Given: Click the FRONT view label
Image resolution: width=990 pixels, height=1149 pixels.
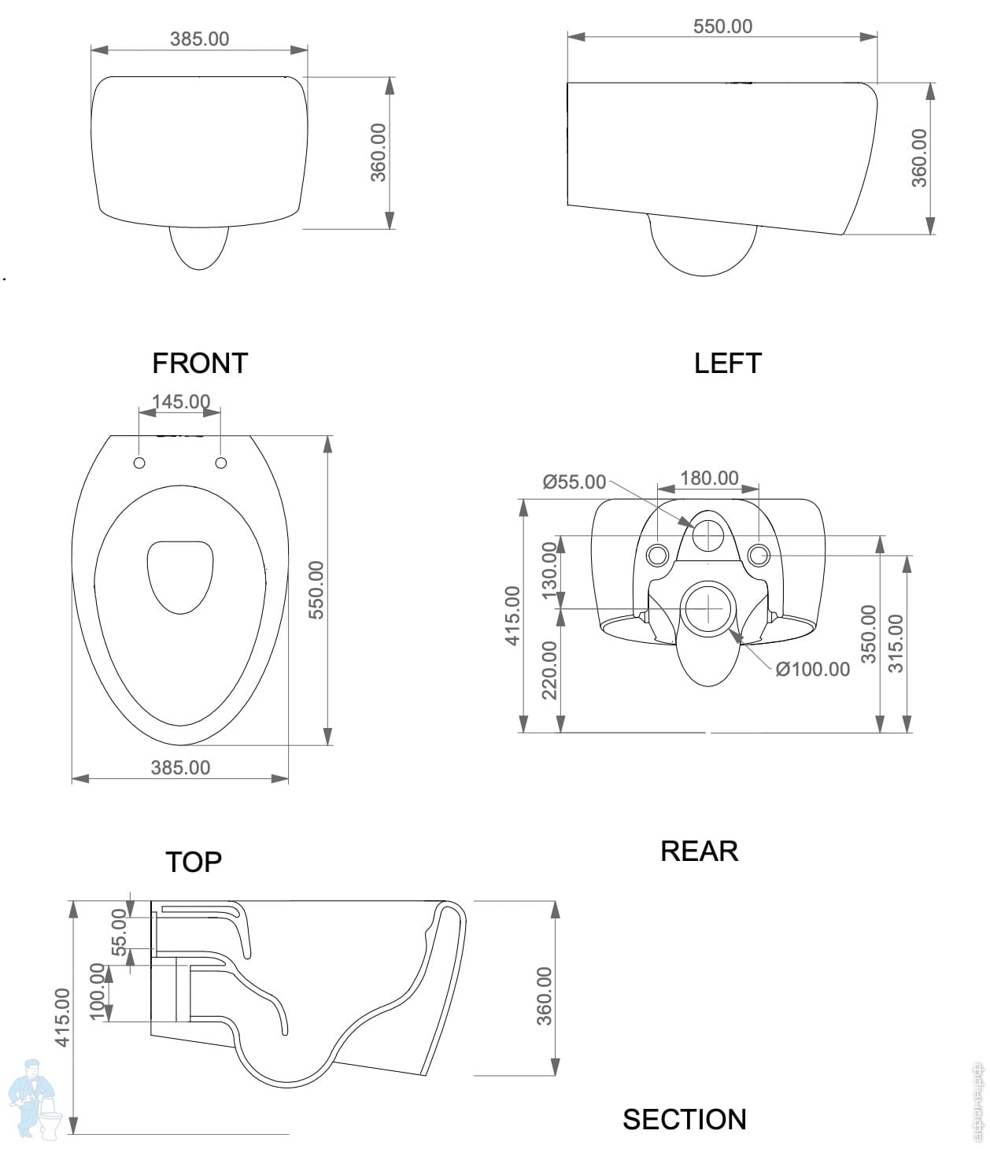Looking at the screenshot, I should [200, 364].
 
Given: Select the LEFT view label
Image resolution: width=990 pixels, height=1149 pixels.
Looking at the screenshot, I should [727, 364].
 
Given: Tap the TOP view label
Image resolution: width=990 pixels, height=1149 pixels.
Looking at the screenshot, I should [194, 862].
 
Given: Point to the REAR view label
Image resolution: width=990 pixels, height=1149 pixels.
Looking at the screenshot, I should [699, 852].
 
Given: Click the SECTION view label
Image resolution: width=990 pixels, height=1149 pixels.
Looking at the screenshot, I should [684, 1119].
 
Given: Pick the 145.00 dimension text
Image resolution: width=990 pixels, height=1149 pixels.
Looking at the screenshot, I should [181, 401].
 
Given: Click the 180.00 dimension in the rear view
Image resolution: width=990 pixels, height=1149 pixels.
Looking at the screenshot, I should [709, 478].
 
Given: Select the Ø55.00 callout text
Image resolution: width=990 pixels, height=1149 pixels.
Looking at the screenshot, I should [574, 482].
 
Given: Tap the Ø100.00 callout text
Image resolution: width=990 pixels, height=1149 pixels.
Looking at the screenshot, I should [812, 670].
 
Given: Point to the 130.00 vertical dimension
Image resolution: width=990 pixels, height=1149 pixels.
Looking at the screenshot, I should [549, 570].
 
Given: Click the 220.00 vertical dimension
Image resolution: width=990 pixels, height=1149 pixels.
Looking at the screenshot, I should [549, 669].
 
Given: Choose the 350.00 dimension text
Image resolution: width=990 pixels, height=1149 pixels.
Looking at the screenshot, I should [868, 634].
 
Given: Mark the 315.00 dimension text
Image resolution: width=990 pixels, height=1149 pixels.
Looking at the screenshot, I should [896, 643].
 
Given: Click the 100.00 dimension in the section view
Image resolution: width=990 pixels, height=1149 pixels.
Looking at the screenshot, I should [98, 991].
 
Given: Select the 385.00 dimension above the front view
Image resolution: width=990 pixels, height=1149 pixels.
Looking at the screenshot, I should [199, 39].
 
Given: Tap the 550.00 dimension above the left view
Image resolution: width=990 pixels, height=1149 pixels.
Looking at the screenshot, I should [722, 27].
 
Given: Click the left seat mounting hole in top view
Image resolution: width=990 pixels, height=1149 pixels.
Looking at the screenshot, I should [139, 463].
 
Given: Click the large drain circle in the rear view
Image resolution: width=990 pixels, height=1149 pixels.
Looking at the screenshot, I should [710, 609].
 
